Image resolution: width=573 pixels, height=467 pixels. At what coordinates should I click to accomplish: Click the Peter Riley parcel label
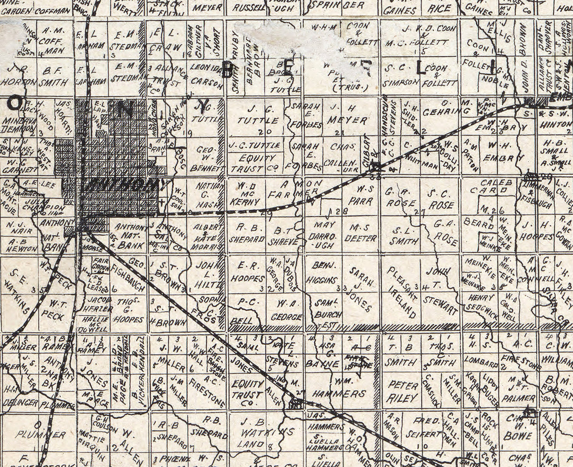pyautogui.click(x=403, y=391)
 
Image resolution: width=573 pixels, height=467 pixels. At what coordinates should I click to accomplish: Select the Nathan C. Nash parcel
pyautogui.click(x=208, y=195)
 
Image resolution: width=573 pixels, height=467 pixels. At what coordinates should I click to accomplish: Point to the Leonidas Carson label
pyautogui.click(x=206, y=74)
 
